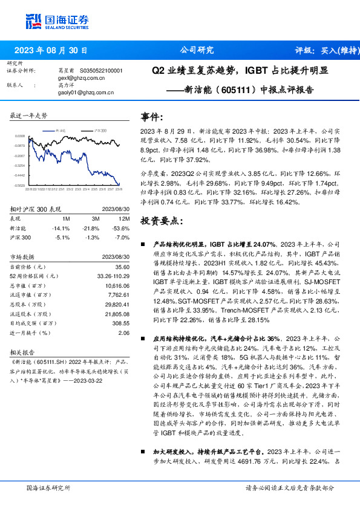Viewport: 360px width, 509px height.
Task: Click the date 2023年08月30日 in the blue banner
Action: [51, 51]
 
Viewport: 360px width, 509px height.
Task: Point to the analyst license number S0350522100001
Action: [102, 71]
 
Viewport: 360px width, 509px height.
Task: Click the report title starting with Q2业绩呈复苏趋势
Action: [241, 71]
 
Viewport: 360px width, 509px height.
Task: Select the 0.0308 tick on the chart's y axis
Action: [19, 137]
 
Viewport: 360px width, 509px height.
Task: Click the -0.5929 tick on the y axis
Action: [19, 185]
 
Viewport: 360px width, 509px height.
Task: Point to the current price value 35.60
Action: [123, 267]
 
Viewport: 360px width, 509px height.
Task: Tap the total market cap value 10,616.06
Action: [117, 285]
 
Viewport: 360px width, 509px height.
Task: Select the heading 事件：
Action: [152, 116]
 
